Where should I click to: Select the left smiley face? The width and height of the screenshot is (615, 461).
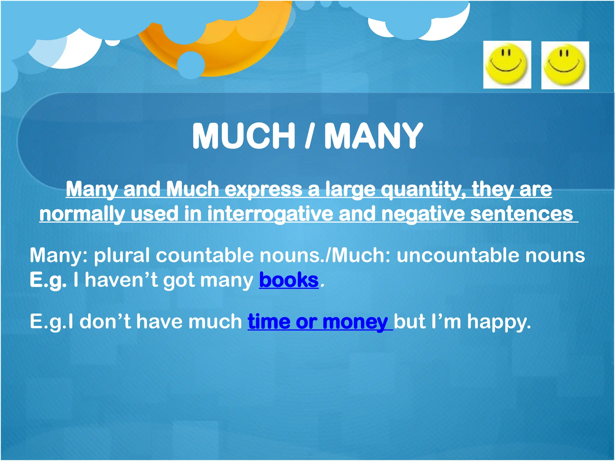coord(507,65)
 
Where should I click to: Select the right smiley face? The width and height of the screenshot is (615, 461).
coord(565,65)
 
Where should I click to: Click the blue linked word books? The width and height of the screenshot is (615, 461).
coord(289,280)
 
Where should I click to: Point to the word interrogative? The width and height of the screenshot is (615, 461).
coord(270,214)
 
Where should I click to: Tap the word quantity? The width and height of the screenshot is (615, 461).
coord(423,190)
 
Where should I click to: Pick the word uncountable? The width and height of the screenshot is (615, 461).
coord(458,255)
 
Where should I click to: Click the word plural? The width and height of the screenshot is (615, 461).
coord(122,255)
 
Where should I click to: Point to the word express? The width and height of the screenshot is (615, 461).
coord(263,190)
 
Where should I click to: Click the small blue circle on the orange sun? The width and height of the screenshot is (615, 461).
coord(191,65)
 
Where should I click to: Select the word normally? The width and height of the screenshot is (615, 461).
coord(82,214)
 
